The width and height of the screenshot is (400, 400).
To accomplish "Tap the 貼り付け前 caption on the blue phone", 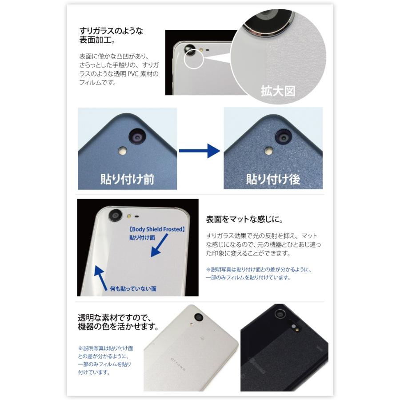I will point(127,179).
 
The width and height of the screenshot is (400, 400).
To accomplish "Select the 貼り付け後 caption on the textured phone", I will point(273,179).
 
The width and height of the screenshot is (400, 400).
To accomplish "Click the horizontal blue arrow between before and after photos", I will point(200,151).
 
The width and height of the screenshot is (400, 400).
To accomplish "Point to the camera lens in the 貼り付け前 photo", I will point(136,137).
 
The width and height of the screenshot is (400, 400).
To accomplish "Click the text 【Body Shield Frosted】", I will point(157,229).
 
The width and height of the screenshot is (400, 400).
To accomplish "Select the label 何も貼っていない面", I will point(133,288).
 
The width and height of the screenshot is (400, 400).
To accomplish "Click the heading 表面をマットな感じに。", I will point(245,220).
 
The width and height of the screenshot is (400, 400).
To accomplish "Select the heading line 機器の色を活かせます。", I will point(118,327).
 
